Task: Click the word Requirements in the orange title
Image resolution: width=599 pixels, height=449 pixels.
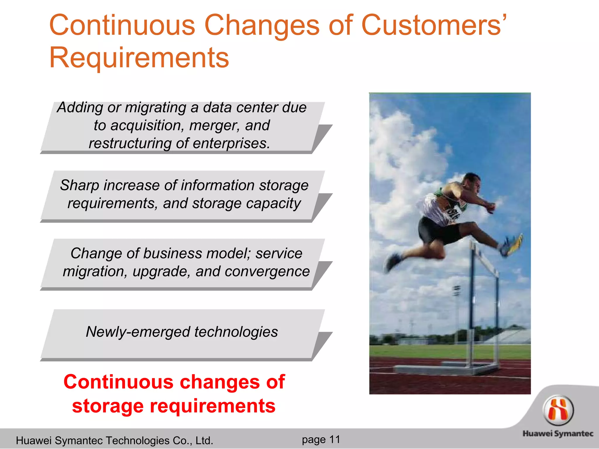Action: tap(139, 58)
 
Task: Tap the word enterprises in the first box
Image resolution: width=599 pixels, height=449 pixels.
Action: tap(231, 144)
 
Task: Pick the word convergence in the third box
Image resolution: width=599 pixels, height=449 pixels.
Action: tap(267, 272)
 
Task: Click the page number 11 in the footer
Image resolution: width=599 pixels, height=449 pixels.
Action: tap(335, 439)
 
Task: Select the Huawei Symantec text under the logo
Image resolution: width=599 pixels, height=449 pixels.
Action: tap(558, 434)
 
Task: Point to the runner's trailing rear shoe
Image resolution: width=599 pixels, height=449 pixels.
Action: tap(392, 262)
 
